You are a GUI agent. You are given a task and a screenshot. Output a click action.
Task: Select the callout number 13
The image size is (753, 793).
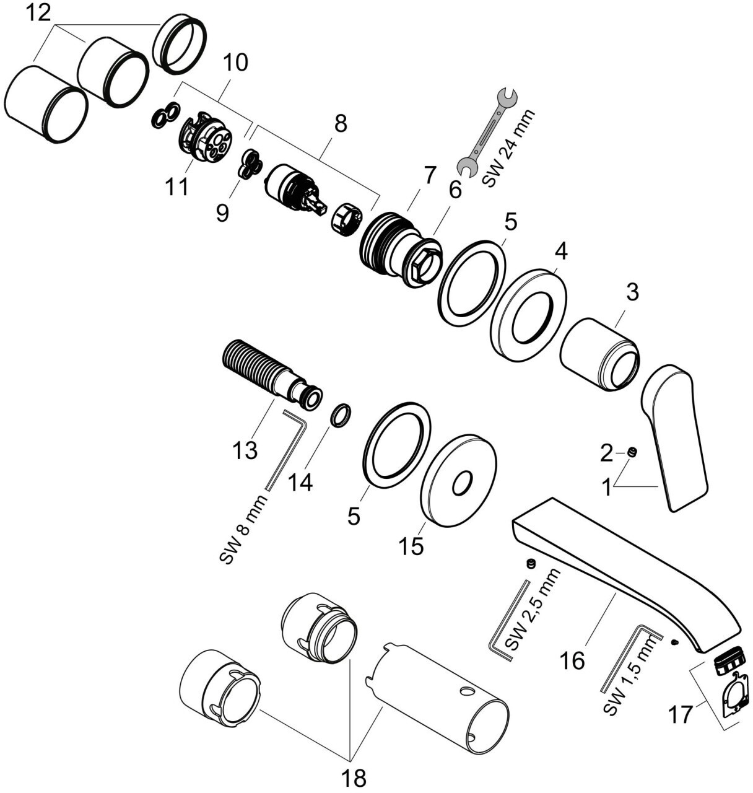tap(245, 450)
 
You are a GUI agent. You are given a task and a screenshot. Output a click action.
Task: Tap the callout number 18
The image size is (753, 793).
tap(354, 777)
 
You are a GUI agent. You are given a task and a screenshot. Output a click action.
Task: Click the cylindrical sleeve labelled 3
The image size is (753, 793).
tap(599, 354)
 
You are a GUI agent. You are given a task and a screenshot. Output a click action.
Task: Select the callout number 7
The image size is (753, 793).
tap(430, 175)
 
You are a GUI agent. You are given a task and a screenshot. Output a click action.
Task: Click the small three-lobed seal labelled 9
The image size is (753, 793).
tap(248, 164)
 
